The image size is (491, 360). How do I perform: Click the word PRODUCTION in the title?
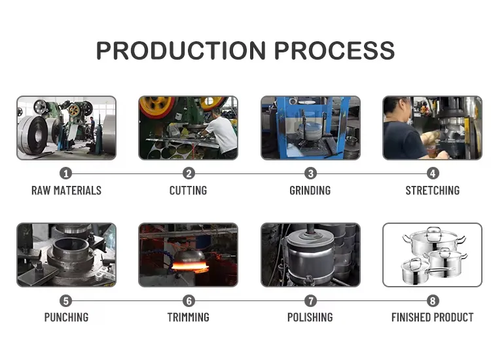(181, 50)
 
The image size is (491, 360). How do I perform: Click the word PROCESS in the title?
(335, 50)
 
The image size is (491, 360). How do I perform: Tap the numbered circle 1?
(65, 173)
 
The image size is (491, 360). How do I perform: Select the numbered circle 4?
(433, 173)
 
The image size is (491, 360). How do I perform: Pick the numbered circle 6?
(189, 301)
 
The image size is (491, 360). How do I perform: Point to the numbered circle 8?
(433, 301)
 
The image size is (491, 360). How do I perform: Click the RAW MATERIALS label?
(66, 190)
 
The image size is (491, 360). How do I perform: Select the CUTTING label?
(188, 190)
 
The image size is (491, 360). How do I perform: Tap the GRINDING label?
(310, 190)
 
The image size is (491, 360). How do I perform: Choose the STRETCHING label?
(433, 190)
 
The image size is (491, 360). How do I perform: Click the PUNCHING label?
(66, 317)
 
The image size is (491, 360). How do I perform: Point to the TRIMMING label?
(188, 317)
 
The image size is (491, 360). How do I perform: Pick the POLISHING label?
(310, 317)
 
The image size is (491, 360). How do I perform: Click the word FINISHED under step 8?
(411, 317)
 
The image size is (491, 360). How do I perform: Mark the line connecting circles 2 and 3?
(249, 173)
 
